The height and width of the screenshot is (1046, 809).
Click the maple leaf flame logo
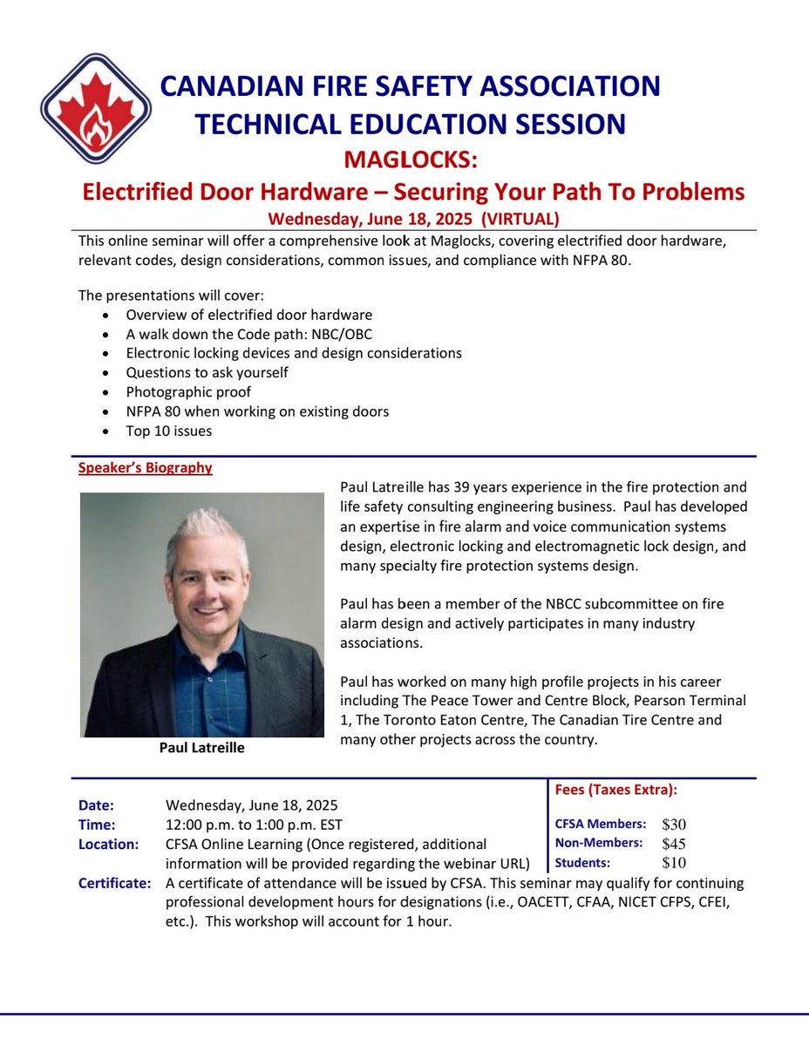click(x=96, y=108)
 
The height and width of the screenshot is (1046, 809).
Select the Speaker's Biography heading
click(x=145, y=468)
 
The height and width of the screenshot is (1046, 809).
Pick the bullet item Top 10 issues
click(x=168, y=431)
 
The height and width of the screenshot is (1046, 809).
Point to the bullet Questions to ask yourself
click(x=207, y=372)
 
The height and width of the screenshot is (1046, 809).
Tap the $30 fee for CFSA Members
click(x=674, y=825)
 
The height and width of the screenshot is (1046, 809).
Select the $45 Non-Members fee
click(x=674, y=844)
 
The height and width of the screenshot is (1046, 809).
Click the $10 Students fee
click(x=674, y=864)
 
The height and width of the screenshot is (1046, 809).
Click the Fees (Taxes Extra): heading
click(x=615, y=791)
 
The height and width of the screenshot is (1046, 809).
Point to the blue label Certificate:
click(x=114, y=884)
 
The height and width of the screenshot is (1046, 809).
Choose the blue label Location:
click(x=108, y=845)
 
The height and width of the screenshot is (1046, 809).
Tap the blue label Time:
click(x=96, y=825)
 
